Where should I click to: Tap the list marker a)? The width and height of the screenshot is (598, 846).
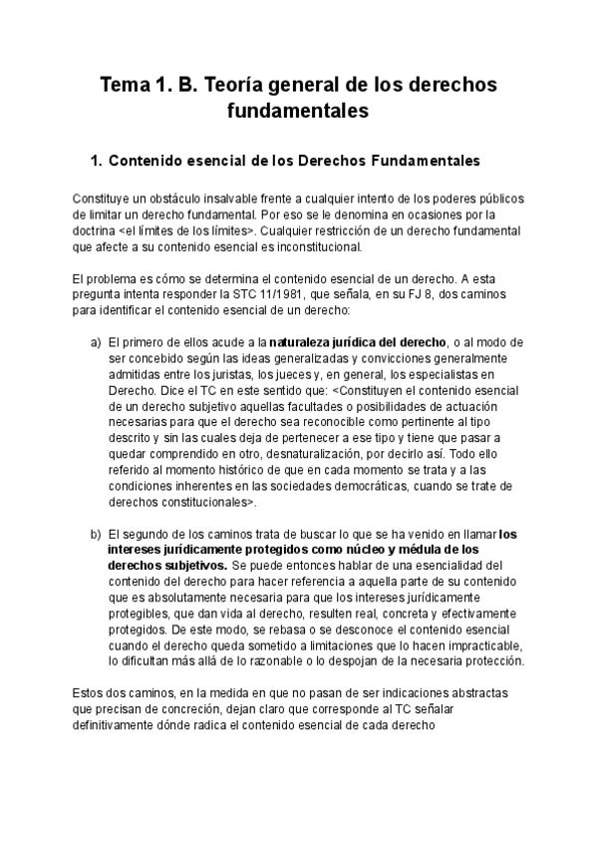coord(96,343)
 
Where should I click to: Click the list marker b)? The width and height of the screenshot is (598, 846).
coord(96,534)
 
